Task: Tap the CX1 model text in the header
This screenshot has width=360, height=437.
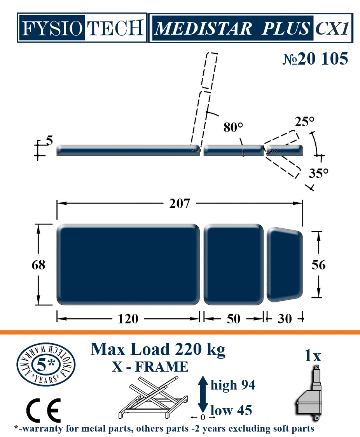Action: click(x=332, y=28)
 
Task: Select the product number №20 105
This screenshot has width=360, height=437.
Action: click(x=315, y=58)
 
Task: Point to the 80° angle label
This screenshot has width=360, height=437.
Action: click(x=233, y=127)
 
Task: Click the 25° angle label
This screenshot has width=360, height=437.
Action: click(x=304, y=121)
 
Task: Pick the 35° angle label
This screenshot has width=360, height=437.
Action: click(x=318, y=173)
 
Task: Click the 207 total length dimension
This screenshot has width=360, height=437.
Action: click(x=180, y=204)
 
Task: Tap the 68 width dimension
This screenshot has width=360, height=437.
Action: click(x=38, y=265)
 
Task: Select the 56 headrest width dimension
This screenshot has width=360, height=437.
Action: click(x=318, y=265)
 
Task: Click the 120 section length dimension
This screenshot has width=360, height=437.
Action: click(x=128, y=319)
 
